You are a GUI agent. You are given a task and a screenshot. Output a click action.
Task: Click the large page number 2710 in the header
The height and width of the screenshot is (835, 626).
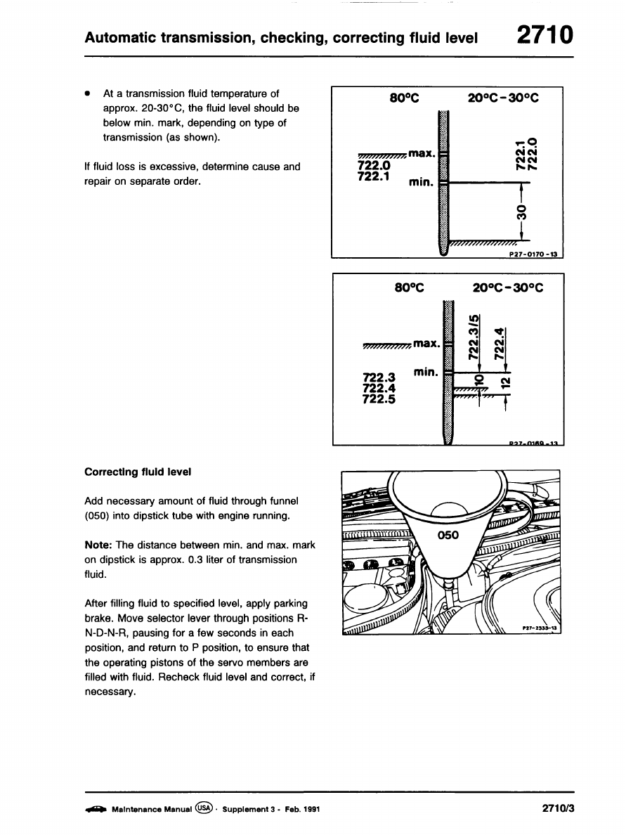(545, 35)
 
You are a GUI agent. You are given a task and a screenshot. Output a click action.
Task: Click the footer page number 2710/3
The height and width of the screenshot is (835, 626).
(559, 808)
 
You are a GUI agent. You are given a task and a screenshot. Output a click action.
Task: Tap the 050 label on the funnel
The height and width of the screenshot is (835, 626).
(448, 536)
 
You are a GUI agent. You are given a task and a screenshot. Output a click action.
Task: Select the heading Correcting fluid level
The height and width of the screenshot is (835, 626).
(137, 472)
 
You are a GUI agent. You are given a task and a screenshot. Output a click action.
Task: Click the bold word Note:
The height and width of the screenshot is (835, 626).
(98, 545)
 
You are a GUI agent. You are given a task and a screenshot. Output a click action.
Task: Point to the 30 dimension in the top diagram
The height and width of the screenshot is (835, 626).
(521, 212)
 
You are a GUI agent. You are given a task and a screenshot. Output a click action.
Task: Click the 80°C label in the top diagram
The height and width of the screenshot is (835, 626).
(404, 98)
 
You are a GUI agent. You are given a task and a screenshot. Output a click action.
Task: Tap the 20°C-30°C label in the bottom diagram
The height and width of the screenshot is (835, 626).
(508, 287)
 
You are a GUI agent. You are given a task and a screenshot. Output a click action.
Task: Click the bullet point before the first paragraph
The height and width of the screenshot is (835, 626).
(87, 93)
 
